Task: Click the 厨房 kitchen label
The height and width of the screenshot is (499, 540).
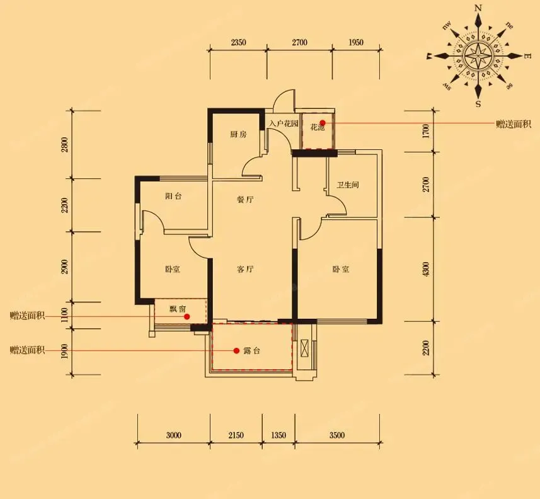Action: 238,134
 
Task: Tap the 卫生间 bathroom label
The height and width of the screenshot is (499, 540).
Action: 348,185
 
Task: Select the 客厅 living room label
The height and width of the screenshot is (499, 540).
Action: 246,269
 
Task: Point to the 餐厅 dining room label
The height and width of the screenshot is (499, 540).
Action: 246,199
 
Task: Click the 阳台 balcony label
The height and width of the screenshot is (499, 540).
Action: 173,197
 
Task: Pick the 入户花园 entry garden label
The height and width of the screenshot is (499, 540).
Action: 284,123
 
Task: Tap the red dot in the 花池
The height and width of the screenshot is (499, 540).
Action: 323,123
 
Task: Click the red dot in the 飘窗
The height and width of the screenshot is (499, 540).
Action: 187,316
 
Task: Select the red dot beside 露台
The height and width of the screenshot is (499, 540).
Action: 236,350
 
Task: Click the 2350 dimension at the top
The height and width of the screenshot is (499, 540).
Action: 238,42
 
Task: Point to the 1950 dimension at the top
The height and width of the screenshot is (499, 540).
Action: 356,42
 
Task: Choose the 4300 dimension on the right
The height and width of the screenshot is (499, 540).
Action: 427,269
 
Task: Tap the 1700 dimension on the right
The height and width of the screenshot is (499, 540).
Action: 427,131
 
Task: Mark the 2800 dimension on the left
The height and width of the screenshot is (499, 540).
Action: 65,145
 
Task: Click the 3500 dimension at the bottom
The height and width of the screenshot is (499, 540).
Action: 337,435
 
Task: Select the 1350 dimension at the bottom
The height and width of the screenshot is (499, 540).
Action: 279,435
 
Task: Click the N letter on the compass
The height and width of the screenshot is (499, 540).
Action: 478,8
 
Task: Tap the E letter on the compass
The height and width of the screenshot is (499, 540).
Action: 527,55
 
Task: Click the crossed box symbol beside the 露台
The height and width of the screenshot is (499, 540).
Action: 305,348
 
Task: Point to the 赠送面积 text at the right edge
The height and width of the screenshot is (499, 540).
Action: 514,124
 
